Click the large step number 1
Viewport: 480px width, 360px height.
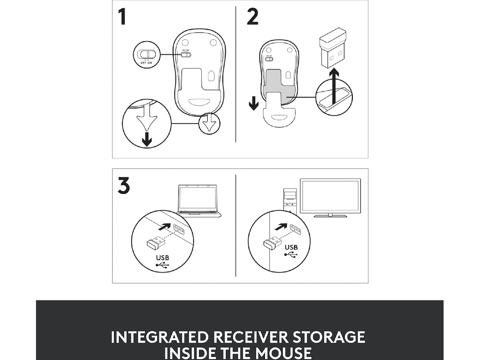coord(122,17)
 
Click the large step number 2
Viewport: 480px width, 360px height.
coord(252,16)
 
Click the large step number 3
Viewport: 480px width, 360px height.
coord(124,185)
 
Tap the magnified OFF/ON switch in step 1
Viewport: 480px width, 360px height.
coord(146,54)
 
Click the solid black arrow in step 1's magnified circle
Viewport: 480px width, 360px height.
coord(147,139)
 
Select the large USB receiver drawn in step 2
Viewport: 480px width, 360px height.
coord(332,48)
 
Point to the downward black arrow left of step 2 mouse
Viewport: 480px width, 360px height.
coord(254,103)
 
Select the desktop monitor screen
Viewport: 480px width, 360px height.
coord(330,196)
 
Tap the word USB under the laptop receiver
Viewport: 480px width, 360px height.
coord(162,258)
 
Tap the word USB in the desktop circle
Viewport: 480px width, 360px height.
coord(291,247)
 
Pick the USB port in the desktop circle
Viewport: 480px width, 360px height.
coord(296,230)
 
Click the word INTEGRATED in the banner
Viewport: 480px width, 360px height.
coord(159,337)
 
